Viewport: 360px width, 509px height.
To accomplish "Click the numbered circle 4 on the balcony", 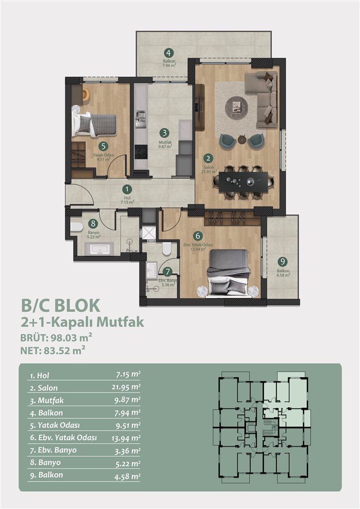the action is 169,53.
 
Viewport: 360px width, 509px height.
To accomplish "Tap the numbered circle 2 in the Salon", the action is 208,158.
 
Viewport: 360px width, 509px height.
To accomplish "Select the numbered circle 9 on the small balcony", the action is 283,262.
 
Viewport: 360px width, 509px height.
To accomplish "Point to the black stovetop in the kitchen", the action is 141,152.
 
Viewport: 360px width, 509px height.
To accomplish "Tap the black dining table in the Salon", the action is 243,182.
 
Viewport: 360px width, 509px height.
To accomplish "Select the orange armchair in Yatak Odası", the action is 85,95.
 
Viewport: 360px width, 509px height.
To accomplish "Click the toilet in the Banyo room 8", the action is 77,227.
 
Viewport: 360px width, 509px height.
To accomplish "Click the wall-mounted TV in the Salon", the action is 198,107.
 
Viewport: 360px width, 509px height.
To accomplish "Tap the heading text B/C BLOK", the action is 61,306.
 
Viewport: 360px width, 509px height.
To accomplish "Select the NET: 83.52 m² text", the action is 53,350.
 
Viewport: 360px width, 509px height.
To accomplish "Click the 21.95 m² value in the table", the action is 126,387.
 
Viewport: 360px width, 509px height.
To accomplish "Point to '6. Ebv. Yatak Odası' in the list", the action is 63,438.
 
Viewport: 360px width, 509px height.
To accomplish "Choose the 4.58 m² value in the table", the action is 127,476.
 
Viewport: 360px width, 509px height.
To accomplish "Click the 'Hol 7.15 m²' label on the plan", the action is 127,200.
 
